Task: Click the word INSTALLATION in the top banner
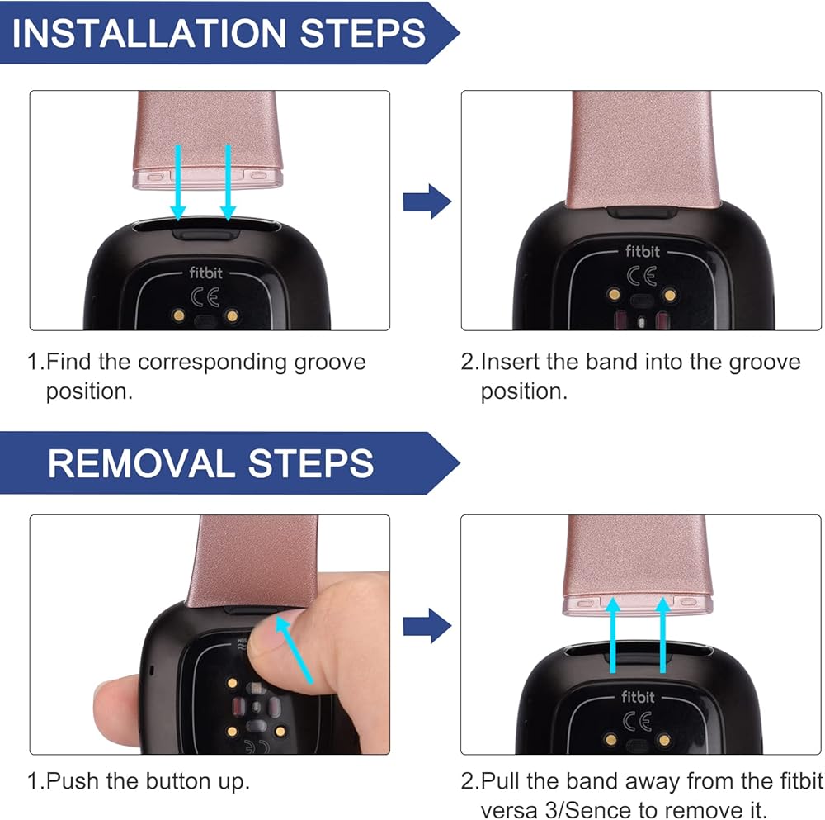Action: [x=148, y=33]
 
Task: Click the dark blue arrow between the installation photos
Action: [x=427, y=201]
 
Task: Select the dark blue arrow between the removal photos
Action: [x=427, y=626]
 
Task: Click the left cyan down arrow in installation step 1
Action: [x=178, y=182]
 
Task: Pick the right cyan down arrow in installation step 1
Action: [x=228, y=182]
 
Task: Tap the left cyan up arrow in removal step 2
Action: [x=613, y=635]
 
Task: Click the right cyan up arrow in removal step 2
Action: [x=663, y=635]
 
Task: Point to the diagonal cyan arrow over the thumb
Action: [x=295, y=651]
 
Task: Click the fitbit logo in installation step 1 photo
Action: [x=205, y=273]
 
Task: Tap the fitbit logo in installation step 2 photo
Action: [x=643, y=251]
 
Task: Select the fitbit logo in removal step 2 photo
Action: [x=639, y=697]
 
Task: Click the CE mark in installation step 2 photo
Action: [x=642, y=276]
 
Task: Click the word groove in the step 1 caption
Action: [x=330, y=363]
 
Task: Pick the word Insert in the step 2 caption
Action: [x=510, y=362]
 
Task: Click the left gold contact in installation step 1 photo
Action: [x=179, y=315]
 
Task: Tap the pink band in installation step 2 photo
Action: [x=643, y=150]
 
